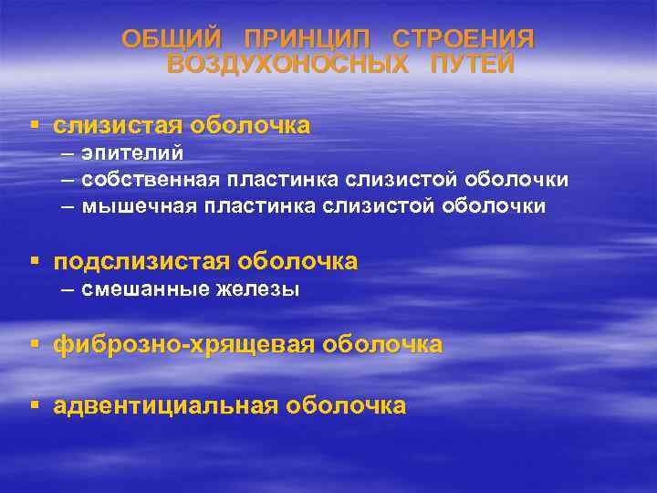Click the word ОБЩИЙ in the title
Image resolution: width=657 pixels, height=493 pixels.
pos(172,39)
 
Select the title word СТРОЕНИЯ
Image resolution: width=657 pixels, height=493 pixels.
pos(463,39)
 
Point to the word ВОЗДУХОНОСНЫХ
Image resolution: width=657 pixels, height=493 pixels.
pos(288,65)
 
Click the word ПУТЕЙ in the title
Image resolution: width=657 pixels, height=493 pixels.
pos(473,65)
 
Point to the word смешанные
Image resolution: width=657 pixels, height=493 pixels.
pos(139,289)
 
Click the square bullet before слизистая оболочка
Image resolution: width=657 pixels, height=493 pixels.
pos(34,123)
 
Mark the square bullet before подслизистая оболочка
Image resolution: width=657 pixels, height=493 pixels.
pos(34,261)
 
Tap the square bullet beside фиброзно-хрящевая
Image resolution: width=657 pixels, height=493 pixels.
pos(34,343)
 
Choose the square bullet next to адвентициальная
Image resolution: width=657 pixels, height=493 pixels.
pos(34,404)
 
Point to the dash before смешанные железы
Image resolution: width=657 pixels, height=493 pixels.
pos(68,289)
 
